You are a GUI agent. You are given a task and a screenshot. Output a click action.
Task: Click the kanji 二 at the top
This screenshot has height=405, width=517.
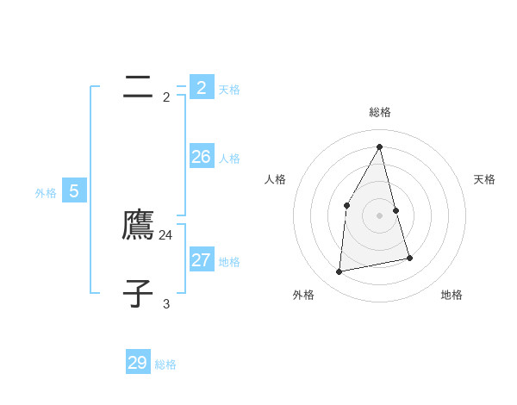click(x=138, y=87)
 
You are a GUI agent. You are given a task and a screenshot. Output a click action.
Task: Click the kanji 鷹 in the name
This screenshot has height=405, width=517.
click(x=138, y=225)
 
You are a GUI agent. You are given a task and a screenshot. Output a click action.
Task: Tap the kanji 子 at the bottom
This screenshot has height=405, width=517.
click(x=138, y=293)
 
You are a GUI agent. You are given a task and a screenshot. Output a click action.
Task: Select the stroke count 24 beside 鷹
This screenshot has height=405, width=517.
click(x=166, y=234)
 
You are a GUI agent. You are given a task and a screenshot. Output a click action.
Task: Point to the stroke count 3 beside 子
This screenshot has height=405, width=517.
click(x=166, y=303)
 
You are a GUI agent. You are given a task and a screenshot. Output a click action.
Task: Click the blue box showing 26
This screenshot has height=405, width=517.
click(x=202, y=156)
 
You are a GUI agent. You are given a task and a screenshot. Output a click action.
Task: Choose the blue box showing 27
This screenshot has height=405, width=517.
click(x=202, y=259)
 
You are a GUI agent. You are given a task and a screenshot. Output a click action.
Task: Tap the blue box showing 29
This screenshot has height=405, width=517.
click(x=138, y=363)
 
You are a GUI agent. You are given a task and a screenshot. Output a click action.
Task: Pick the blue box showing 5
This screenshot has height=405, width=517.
click(x=74, y=190)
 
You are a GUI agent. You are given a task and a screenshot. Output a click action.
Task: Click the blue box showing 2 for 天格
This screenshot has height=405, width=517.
click(x=202, y=87)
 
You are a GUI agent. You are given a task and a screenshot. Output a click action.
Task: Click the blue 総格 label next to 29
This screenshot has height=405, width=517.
click(x=165, y=364)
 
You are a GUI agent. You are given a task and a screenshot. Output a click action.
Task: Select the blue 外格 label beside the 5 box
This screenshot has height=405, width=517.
click(x=46, y=193)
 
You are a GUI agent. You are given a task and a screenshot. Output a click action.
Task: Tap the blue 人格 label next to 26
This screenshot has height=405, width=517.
click(x=229, y=159)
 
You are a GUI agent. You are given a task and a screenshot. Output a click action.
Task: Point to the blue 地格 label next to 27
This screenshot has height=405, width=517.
click(x=229, y=262)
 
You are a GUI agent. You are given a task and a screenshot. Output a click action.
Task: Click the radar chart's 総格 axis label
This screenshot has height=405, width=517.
click(x=380, y=112)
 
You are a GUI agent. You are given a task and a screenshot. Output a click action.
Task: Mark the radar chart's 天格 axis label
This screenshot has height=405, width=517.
click(x=484, y=179)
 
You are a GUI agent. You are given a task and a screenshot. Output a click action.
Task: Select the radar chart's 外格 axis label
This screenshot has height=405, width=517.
click(x=303, y=295)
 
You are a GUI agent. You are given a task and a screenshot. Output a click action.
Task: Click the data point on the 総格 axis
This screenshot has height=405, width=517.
click(x=380, y=146)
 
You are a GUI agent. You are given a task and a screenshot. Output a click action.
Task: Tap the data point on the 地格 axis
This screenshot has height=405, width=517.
click(x=410, y=258)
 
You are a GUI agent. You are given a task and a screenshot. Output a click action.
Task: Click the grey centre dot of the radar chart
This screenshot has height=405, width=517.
click(x=380, y=215)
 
